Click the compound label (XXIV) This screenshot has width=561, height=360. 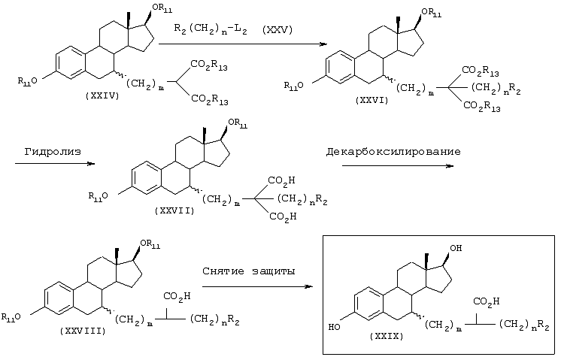coord(102,95)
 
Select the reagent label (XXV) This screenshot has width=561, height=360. coord(277,29)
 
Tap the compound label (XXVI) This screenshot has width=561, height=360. coord(371,101)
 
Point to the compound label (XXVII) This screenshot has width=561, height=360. coord(174,210)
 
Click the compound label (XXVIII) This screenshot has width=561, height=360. coord(83,331)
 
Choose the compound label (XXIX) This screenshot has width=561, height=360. coord(387,336)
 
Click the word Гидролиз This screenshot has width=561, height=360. coord(53,152)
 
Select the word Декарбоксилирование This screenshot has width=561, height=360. coord(393,152)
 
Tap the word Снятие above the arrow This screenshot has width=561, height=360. coord(223,271)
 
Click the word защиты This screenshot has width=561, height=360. coord(274,271)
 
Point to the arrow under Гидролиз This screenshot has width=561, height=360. coord(55,164)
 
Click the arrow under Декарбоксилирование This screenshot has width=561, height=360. coord(398,166)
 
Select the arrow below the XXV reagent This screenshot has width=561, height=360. coord(243,44)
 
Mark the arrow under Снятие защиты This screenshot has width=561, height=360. coord(258,286)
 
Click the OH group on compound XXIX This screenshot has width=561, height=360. coord(456,247)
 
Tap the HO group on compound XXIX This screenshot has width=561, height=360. coord(335,327)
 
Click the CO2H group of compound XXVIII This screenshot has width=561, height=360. coord(177,296)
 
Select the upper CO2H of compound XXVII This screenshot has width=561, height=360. coord(281,180)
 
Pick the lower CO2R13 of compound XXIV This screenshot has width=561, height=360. coord(209,99)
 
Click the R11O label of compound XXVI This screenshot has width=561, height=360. coord(294,86)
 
